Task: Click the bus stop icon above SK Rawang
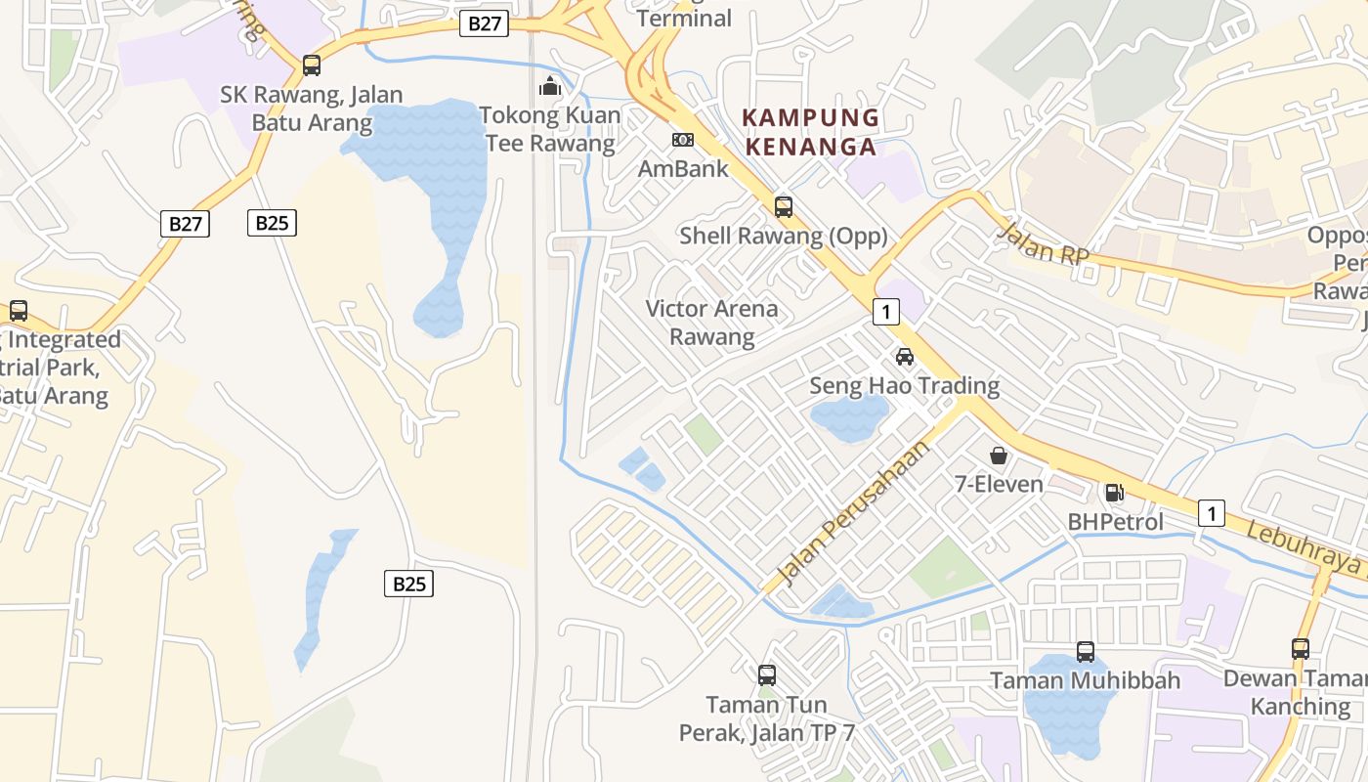[x=312, y=65]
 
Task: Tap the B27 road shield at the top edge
[x=485, y=23]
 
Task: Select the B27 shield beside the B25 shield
[x=184, y=223]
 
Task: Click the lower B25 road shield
[x=408, y=584]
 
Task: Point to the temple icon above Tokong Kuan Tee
[x=550, y=86]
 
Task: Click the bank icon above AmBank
[x=683, y=140]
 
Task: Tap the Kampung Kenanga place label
[x=810, y=133]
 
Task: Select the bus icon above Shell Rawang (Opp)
[x=784, y=206]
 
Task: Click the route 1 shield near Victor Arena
[x=885, y=312]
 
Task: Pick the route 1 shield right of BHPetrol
[x=1211, y=512]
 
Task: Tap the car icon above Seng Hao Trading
[x=905, y=357]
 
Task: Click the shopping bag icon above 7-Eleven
[x=999, y=456]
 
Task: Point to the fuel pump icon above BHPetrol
[x=1115, y=493]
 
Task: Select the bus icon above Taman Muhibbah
[x=1086, y=651]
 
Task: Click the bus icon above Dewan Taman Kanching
[x=1301, y=648]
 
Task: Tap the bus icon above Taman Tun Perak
[x=767, y=674]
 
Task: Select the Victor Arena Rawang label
[x=712, y=324]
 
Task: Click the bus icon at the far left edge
[x=19, y=311]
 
